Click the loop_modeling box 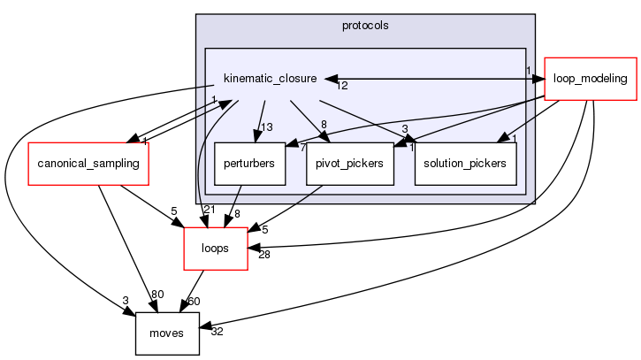point(591,78)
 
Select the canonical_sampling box point(88,164)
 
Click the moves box point(167,333)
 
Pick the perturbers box point(249,164)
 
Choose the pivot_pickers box point(349,164)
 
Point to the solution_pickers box point(465,164)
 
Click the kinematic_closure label point(270,79)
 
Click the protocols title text point(364,24)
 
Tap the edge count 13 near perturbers point(266,126)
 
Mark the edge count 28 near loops point(264,255)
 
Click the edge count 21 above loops point(209,209)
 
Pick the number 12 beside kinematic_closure point(341,86)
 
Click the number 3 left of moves point(126,301)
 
